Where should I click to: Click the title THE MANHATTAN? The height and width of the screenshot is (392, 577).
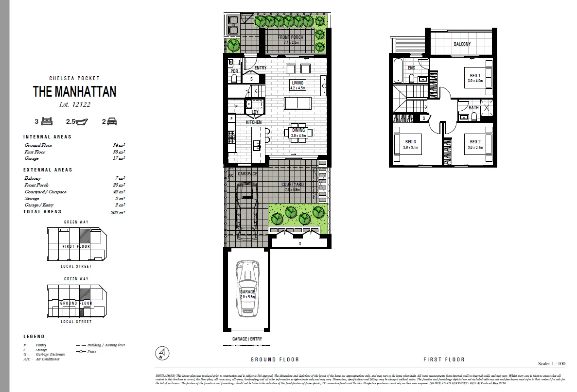coord(74,91)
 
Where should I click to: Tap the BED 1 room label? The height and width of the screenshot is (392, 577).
coord(475,75)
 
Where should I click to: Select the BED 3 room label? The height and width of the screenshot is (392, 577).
coord(411,142)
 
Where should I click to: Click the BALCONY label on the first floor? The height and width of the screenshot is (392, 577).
coord(462,44)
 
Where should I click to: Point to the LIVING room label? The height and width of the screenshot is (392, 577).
coord(297,83)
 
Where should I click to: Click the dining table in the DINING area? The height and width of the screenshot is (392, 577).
coord(298,133)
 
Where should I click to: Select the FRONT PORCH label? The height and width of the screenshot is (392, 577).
coord(291,37)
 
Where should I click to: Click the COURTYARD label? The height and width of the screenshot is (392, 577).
coord(293,185)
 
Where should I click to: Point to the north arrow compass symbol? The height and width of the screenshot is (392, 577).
coord(162,354)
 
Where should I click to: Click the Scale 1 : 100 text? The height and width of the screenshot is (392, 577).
coord(552,363)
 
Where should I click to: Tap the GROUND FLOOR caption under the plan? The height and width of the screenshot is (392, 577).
coord(275,359)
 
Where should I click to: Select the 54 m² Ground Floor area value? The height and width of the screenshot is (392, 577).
coord(119,145)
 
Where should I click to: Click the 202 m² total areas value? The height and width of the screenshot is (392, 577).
coord(119,212)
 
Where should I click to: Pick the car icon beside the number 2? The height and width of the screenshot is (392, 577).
coord(111,122)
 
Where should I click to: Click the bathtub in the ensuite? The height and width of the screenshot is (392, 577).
coord(397,71)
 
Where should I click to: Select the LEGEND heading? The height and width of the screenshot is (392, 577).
coord(34,336)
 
